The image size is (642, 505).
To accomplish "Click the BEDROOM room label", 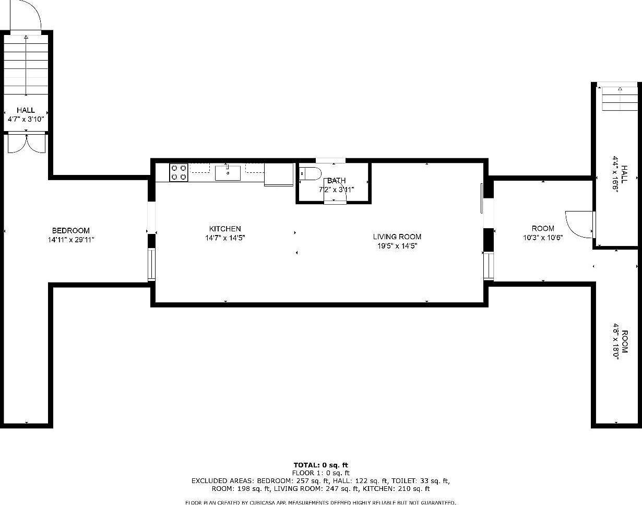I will coord(70,230).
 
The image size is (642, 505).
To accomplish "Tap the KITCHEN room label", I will coord(225,229).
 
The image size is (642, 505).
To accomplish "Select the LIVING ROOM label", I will coord(397,237).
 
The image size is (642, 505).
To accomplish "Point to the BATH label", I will coord(336,181).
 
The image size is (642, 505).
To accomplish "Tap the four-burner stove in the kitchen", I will coord(179,172).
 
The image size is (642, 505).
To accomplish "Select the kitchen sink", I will coord(228,172).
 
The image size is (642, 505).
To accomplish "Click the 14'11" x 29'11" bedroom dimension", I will coord(70,240).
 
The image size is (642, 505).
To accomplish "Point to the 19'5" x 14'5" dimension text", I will coord(397,246).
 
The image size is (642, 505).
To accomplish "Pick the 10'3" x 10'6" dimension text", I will coord(543,238).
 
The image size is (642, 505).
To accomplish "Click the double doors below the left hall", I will coord(26,144).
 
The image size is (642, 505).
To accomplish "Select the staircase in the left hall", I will coord(26,65).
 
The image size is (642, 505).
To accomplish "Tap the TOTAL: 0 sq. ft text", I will coord(320,465).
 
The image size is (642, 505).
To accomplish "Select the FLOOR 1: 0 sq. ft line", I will coord(320,473).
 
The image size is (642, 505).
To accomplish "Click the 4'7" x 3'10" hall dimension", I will coord(26,119).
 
